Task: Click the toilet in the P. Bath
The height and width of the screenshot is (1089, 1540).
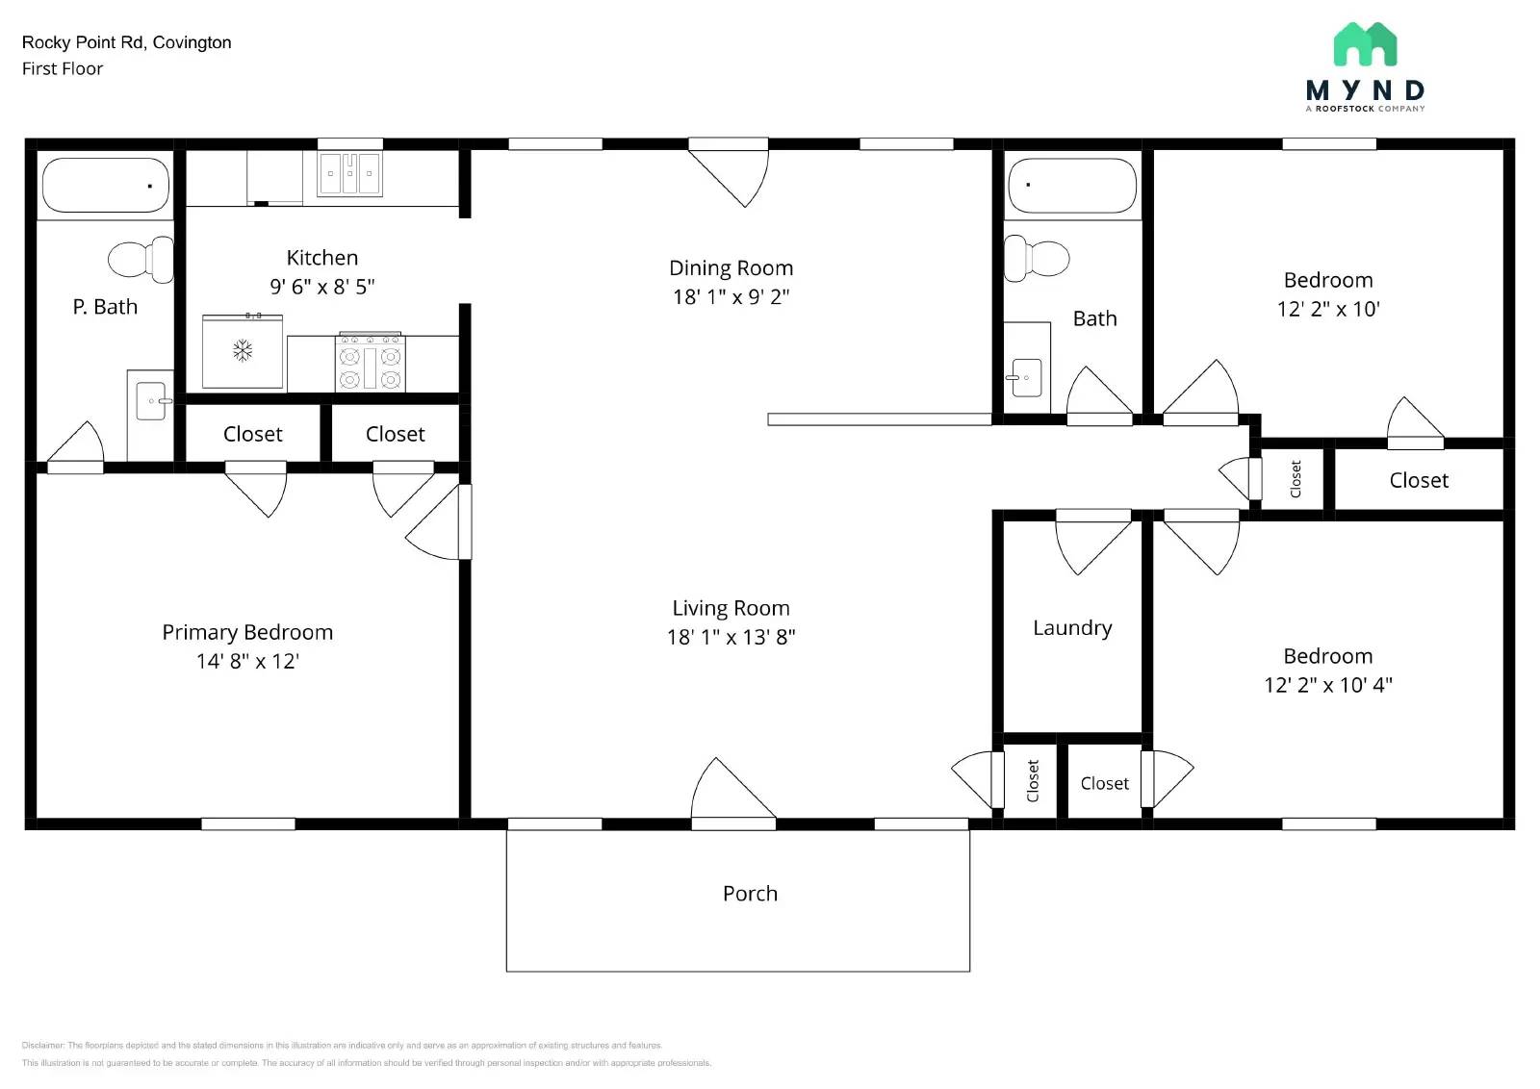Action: pos(141,259)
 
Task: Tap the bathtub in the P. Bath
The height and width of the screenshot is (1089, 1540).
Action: pos(106,185)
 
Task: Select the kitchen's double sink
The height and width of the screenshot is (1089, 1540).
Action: pos(349,174)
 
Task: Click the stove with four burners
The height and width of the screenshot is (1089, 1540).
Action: pos(370,363)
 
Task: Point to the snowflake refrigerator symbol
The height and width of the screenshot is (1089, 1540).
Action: pos(243,350)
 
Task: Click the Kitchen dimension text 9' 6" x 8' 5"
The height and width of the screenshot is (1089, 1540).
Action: pos(321,287)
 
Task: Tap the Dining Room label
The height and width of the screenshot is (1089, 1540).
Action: pos(731,268)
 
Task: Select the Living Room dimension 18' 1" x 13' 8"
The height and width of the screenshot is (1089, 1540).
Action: pos(731,637)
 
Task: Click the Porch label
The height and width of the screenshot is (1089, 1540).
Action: pos(750,894)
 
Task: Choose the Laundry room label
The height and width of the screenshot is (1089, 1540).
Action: pos(1072,628)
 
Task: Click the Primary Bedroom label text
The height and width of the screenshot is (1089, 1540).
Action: pos(247,633)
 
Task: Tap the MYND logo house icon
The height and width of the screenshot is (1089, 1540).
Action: pos(1365,44)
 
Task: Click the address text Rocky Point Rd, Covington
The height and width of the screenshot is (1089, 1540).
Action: pos(126,42)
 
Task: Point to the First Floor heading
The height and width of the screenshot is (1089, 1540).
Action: pos(63,68)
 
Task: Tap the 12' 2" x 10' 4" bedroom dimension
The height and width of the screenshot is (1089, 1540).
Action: pos(1327,685)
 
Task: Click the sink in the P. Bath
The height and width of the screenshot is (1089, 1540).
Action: pos(151,401)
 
